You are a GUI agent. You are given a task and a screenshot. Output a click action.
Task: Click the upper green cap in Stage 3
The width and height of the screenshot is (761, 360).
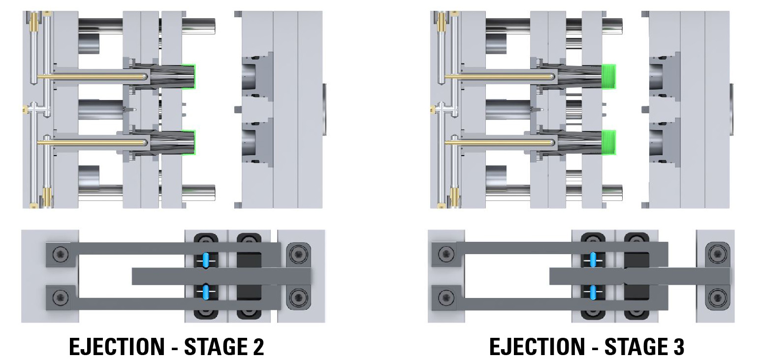pyautogui.click(x=609, y=76)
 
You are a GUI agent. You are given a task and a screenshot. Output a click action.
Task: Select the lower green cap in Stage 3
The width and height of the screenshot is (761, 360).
pyautogui.click(x=609, y=142)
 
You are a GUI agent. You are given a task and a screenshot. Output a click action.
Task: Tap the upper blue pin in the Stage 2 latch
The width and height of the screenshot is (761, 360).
pyautogui.click(x=205, y=259)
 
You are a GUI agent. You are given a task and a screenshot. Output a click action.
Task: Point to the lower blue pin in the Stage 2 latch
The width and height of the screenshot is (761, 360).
pyautogui.click(x=205, y=292)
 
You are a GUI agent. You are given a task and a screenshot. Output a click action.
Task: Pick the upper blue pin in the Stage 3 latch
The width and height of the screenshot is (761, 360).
pyautogui.click(x=593, y=259)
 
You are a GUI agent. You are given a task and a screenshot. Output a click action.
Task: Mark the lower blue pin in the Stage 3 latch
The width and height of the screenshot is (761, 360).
pyautogui.click(x=593, y=293)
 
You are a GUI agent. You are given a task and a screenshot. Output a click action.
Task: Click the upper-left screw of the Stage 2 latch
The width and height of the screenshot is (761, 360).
pyautogui.click(x=60, y=255)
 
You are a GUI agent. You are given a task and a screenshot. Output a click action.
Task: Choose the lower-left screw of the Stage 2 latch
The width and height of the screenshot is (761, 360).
pyautogui.click(x=60, y=297)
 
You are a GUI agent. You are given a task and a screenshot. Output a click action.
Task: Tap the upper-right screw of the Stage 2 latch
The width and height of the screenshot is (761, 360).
pyautogui.click(x=297, y=255)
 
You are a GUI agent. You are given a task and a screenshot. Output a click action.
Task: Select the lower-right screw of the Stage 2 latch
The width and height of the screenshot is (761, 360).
pyautogui.click(x=297, y=297)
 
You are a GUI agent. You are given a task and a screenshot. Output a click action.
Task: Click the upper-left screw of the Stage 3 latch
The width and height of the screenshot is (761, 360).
pyautogui.click(x=446, y=255)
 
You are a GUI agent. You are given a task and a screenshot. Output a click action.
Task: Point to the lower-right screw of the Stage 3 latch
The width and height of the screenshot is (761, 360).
pyautogui.click(x=716, y=297)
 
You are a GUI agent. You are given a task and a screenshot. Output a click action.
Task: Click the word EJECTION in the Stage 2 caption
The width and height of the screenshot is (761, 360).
pyautogui.click(x=117, y=347)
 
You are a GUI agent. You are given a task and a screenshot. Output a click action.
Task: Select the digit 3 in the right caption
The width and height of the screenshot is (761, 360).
pyautogui.click(x=677, y=347)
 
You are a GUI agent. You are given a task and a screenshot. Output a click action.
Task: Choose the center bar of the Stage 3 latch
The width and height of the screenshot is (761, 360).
pyautogui.click(x=640, y=276)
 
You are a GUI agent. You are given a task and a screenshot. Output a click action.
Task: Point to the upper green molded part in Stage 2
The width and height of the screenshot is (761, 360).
pyautogui.click(x=190, y=76)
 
